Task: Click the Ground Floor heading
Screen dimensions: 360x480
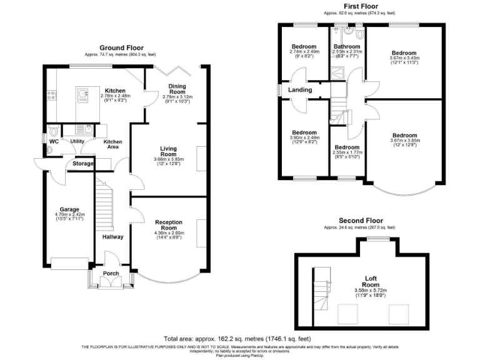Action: [x=121, y=47]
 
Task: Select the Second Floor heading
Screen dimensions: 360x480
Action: [x=361, y=221]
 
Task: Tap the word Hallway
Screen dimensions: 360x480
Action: [x=113, y=237]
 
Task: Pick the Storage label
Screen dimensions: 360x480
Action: [x=83, y=164]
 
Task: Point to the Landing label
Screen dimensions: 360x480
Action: [x=300, y=90]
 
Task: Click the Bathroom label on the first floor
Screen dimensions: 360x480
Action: [x=346, y=46]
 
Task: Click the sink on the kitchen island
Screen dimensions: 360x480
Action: [x=83, y=94]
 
